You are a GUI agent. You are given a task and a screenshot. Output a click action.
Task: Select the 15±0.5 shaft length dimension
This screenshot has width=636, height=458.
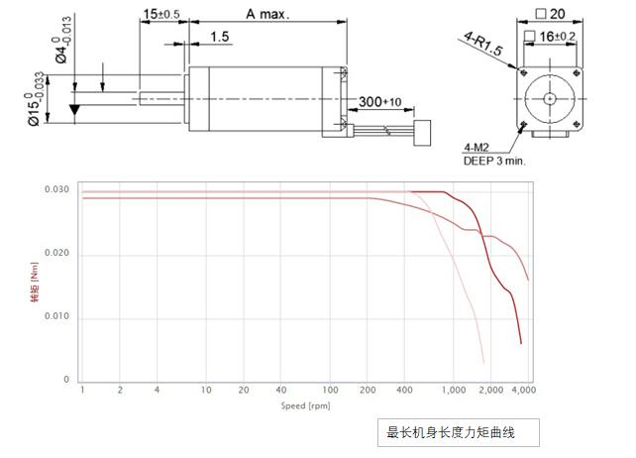point(161,14)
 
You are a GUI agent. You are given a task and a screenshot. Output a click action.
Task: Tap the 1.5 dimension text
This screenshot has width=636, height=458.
point(220,37)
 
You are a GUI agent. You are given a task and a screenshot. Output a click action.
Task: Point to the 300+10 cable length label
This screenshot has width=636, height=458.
point(380,102)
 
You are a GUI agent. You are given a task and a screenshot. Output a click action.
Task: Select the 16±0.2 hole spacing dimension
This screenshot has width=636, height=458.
point(560,36)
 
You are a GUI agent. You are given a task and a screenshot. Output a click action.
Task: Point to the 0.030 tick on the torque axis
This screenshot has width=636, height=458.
point(55,189)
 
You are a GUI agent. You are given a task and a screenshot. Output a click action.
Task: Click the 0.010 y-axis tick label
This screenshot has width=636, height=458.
point(55,317)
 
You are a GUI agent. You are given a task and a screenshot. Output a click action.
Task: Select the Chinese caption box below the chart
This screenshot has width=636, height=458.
point(461,432)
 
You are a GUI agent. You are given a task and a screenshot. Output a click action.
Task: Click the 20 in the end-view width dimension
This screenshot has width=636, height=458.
point(556,14)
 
